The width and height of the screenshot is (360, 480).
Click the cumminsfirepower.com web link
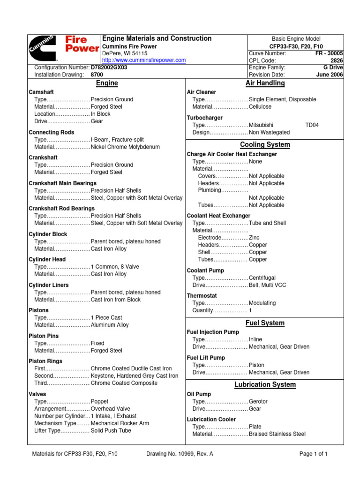pyautogui.click(x=144, y=60)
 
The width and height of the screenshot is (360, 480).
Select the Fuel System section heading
pyautogui.click(x=265, y=323)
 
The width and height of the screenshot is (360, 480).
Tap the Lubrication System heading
pyautogui.click(x=265, y=385)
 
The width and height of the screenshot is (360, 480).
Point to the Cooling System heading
pyautogui.click(x=265, y=144)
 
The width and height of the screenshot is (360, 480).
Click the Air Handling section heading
pyautogui.click(x=265, y=83)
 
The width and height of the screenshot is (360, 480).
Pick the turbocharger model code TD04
pyautogui.click(x=312, y=125)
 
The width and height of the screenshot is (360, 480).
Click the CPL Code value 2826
pyautogui.click(x=337, y=60)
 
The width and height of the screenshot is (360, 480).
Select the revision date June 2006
pyautogui.click(x=330, y=75)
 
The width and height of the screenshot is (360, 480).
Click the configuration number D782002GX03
pyautogui.click(x=109, y=67)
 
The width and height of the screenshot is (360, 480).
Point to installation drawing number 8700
pyautogui.click(x=97, y=75)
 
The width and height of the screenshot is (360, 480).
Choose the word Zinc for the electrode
pyautogui.click(x=254, y=238)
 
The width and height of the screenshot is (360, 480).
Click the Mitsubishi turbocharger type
pyautogui.click(x=262, y=125)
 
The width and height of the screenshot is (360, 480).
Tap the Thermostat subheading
pyautogui.click(x=202, y=296)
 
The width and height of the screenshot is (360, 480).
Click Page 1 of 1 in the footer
pyautogui.click(x=314, y=454)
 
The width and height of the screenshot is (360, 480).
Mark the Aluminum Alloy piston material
pyautogui.click(x=110, y=325)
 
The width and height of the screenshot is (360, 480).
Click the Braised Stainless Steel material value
pyautogui.click(x=277, y=434)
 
